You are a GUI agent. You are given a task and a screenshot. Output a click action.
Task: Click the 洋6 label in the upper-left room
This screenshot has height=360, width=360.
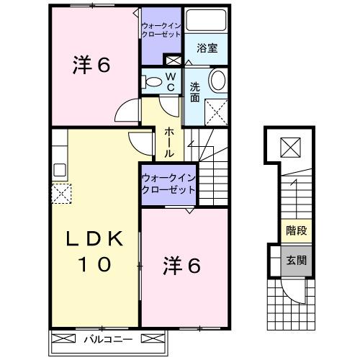(x=91, y=66)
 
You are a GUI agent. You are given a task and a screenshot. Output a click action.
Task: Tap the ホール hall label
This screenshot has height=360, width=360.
(x=168, y=141)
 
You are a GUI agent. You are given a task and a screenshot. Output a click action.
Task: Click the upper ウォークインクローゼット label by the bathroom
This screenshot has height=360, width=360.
(x=161, y=30)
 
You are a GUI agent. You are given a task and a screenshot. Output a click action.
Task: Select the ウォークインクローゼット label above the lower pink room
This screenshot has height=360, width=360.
(x=168, y=183)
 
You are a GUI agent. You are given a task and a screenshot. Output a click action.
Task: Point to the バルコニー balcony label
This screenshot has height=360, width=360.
(x=106, y=338)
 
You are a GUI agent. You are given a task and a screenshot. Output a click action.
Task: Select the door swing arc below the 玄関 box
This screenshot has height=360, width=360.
(x=295, y=294)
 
